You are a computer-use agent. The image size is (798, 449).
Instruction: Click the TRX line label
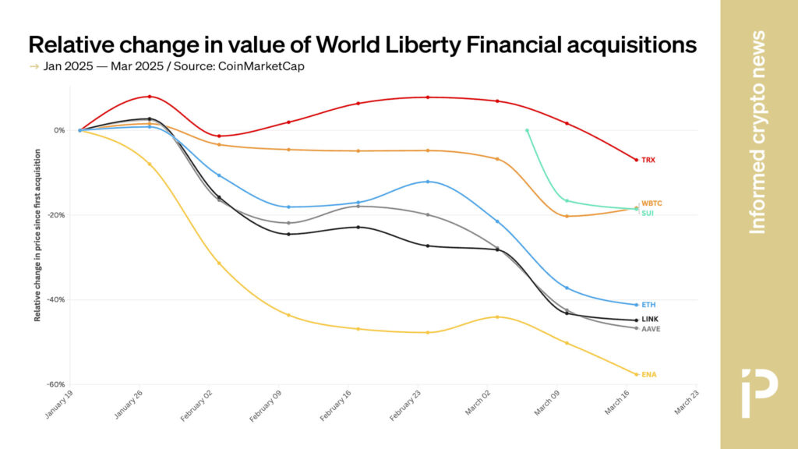pyautogui.click(x=648, y=160)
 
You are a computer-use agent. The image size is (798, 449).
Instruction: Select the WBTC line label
pyautogui.click(x=651, y=203)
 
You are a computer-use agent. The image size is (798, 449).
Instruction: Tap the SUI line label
pyautogui.click(x=647, y=213)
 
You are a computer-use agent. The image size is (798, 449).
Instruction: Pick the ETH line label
pyautogui.click(x=648, y=305)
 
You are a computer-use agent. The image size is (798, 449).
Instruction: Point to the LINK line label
pyautogui.click(x=650, y=320)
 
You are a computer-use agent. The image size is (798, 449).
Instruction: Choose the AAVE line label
pyautogui.click(x=651, y=329)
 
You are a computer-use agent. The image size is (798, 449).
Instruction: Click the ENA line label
pyautogui.click(x=648, y=375)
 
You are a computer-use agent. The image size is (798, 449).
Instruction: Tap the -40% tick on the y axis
pyautogui.click(x=56, y=299)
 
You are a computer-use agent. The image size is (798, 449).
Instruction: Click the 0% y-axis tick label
pyautogui.click(x=59, y=130)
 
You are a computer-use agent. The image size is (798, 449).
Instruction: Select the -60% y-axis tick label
pyautogui.click(x=56, y=384)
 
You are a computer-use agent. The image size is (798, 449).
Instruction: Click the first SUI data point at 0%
pyautogui.click(x=527, y=130)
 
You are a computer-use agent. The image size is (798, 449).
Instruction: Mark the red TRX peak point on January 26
pyautogui.click(x=150, y=97)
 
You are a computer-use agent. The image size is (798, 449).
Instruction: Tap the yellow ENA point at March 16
pyautogui.click(x=637, y=375)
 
